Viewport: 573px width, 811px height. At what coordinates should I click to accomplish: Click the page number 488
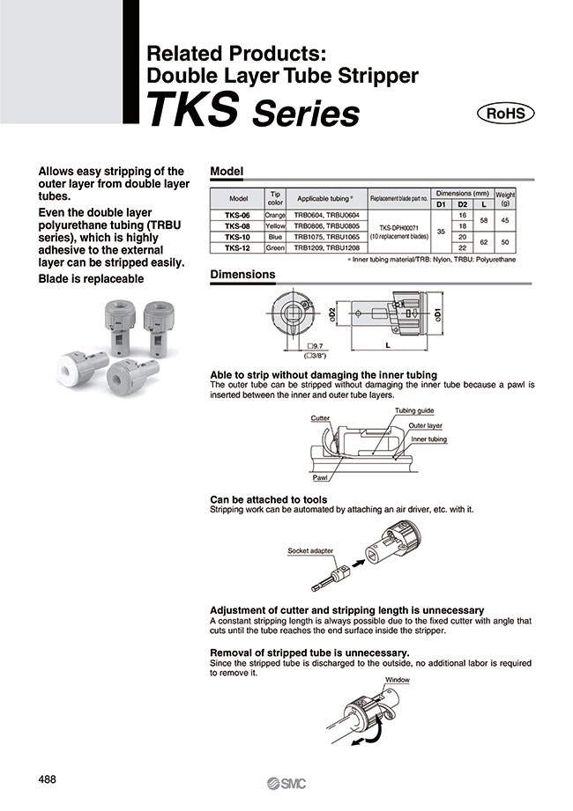click(49, 778)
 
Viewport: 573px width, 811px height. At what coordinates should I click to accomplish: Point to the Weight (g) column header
click(505, 199)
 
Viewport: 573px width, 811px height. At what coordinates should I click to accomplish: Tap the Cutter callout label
click(320, 418)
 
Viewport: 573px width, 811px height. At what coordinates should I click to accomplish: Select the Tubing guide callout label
click(413, 411)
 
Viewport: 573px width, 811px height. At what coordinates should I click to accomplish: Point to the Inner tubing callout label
click(428, 439)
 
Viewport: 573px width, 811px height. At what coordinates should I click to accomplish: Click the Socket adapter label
click(311, 550)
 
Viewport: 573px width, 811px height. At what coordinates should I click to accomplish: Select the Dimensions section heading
click(242, 275)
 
